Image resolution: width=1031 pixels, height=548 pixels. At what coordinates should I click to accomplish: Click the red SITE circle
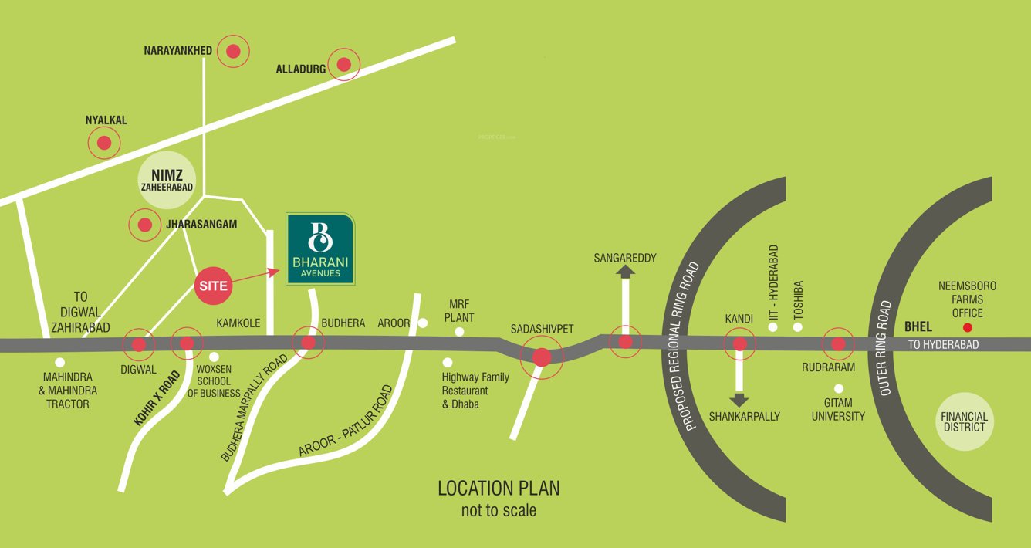[214, 286]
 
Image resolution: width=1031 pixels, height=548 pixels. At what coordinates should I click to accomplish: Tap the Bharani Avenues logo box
[321, 249]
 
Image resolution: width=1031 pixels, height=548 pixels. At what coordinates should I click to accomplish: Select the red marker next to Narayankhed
[233, 52]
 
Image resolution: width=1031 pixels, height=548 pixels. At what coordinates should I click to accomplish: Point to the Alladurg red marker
[344, 64]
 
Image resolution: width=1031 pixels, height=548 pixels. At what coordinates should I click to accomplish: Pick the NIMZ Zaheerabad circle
[167, 180]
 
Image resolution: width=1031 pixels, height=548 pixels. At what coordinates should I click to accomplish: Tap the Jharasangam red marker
[144, 225]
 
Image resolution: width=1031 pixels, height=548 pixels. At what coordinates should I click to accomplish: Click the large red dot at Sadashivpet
[542, 357]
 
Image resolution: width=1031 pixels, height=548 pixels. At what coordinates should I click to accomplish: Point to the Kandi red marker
[739, 343]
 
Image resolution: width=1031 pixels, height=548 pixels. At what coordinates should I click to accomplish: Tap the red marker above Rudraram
[838, 343]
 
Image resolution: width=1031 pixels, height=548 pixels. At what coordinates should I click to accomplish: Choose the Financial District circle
[963, 421]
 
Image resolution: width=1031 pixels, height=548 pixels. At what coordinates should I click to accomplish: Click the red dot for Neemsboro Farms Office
[967, 328]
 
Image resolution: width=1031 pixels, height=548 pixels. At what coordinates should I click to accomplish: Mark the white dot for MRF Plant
[459, 332]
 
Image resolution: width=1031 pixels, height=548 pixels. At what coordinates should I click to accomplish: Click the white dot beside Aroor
[422, 323]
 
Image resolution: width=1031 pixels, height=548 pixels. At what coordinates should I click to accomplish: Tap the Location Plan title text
[499, 488]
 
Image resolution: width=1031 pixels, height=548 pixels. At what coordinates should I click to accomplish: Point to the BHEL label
[918, 327]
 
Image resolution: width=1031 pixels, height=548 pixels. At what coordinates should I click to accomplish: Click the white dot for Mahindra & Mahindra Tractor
[60, 362]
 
